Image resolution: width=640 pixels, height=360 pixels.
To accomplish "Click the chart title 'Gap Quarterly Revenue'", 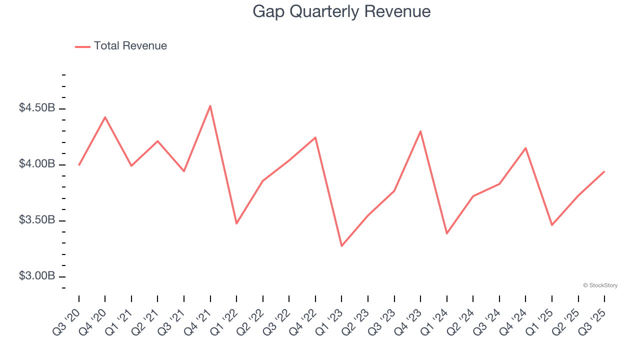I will click(341, 11).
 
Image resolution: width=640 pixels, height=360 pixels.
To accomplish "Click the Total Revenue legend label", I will click(130, 46).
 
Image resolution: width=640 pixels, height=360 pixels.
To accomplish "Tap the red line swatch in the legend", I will click(82, 46).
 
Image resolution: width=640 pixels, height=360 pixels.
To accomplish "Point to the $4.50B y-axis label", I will click(37, 108).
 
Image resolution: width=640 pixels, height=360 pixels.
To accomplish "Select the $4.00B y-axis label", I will click(37, 164).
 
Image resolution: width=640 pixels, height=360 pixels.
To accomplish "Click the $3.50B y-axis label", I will click(37, 220).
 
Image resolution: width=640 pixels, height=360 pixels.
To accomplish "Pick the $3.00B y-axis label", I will click(37, 276).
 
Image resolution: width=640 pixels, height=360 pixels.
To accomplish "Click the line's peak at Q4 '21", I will click(210, 105).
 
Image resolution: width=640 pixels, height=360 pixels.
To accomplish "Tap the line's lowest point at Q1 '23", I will click(341, 246).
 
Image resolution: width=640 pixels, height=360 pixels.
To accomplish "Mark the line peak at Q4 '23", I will click(420, 131).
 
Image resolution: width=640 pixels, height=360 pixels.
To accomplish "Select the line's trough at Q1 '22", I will click(236, 223).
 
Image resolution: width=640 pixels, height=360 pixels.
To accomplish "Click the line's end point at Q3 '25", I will click(604, 171).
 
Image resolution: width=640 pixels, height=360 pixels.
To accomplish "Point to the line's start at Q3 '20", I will click(79, 165).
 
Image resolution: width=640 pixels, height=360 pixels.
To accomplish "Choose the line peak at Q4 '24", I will click(525, 147).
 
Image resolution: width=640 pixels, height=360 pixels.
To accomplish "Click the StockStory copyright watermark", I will click(600, 285).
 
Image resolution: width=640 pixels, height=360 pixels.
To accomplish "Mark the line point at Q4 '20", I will click(105, 117).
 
